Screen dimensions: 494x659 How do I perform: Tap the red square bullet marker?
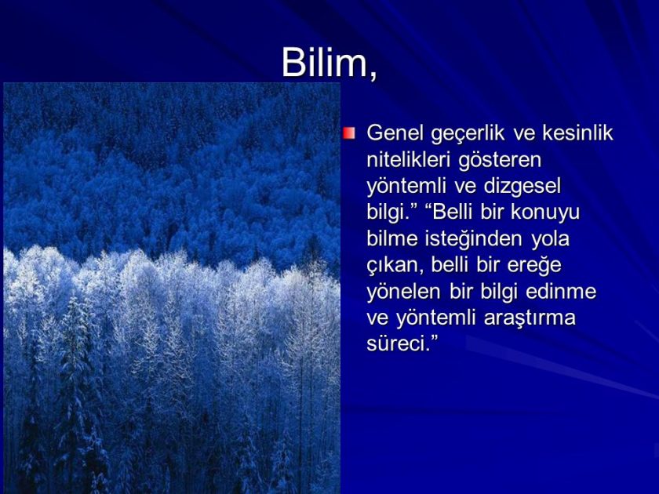pos(349,133)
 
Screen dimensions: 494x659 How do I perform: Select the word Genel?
pos(394,133)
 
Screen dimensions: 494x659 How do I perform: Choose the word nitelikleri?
pos(410,159)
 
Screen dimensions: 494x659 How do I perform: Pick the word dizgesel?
pos(524,186)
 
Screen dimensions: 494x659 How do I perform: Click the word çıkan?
pos(395,266)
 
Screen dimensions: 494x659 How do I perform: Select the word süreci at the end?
pos(395,345)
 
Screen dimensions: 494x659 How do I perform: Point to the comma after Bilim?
pos(372,75)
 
